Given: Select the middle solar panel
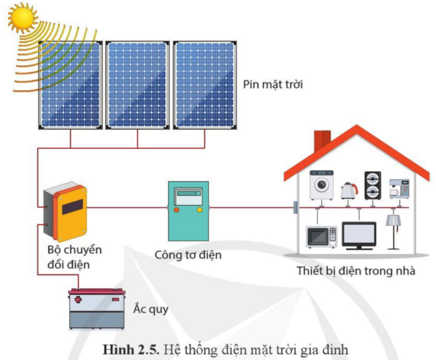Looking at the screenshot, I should tap(137, 84).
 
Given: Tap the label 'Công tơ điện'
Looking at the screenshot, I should tap(188, 255).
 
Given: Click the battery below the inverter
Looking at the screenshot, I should tap(96, 309).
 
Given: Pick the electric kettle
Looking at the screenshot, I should tap(347, 190).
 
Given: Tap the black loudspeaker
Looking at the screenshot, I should tap(372, 183).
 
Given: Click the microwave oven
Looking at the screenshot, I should tap(321, 236).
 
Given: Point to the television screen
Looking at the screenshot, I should tap(359, 233).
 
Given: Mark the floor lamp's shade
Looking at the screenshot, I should tap(394, 220).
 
